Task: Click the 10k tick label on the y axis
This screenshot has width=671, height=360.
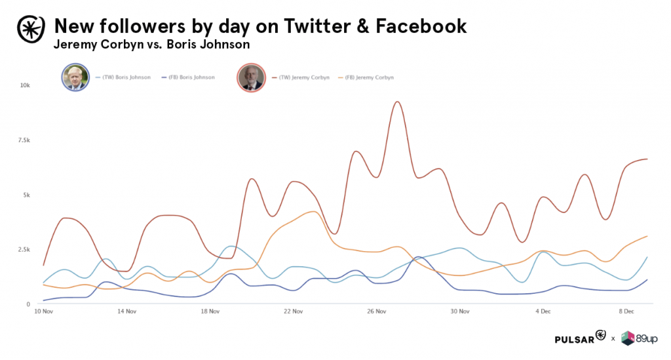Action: [x=24, y=86]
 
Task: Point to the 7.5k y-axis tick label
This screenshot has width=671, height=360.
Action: [x=23, y=140]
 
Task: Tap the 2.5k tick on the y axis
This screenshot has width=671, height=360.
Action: [x=23, y=250]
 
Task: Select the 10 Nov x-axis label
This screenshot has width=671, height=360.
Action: [x=43, y=311]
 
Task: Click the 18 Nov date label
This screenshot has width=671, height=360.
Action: [x=210, y=311]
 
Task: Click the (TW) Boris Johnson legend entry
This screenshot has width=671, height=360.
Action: [x=124, y=77]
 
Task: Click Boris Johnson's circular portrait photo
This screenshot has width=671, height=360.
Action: [x=75, y=77]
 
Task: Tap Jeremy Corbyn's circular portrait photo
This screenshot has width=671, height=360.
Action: [x=250, y=77]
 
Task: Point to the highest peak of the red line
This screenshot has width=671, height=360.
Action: [x=397, y=102]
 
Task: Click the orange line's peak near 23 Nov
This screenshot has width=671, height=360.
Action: [x=313, y=212]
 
